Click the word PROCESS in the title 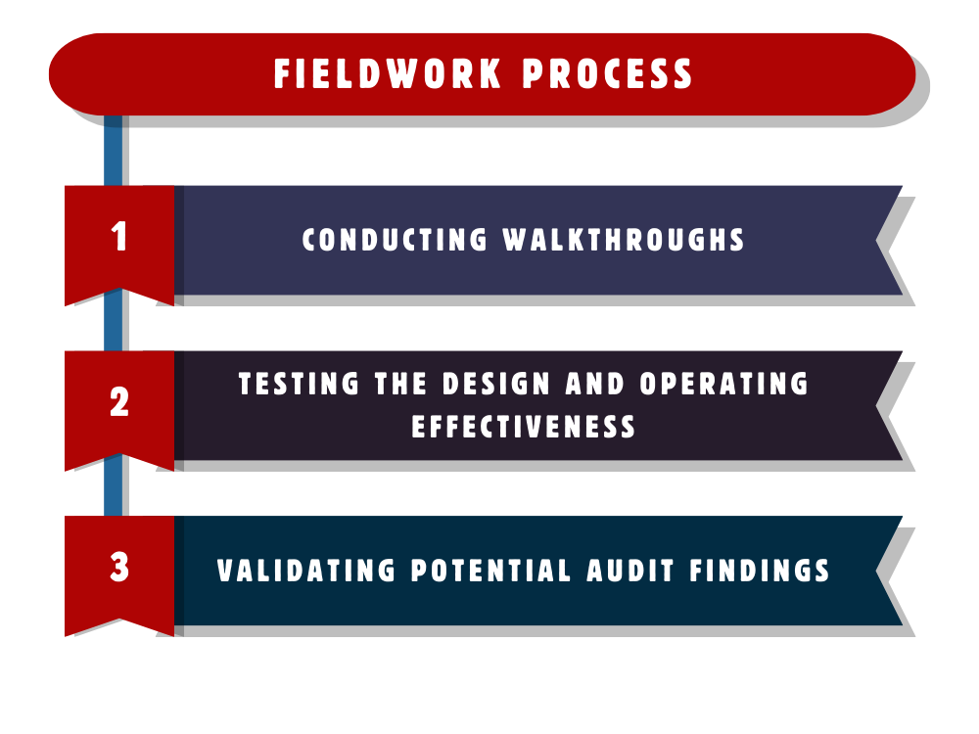608,75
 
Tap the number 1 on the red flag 119,237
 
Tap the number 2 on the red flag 119,402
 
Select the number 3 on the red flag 119,568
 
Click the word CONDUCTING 395,240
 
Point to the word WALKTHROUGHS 625,240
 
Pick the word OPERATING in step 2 724,384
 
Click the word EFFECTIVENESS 524,427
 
